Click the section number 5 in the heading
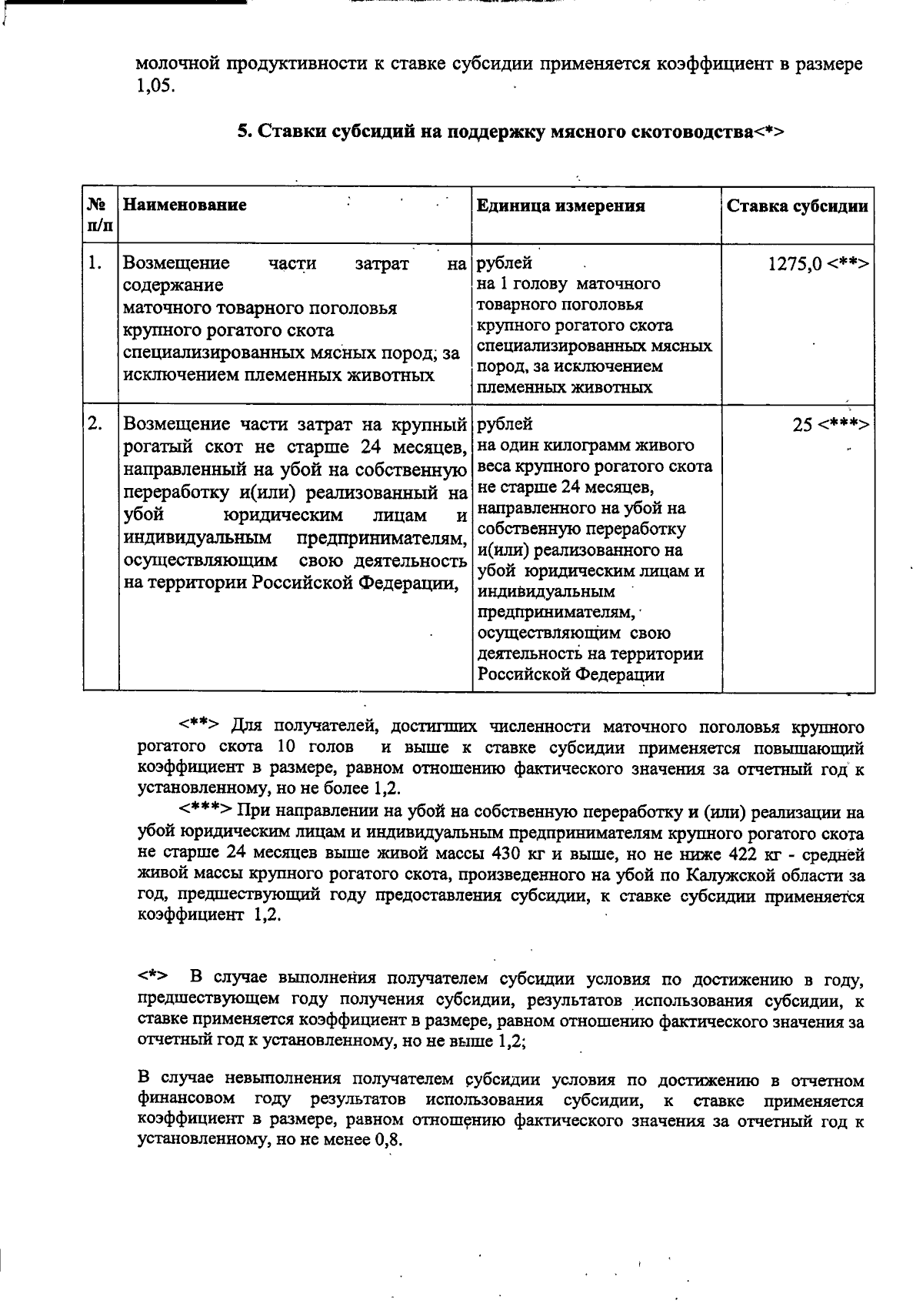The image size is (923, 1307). [242, 132]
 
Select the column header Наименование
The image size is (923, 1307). [185, 206]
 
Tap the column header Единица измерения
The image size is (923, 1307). [561, 206]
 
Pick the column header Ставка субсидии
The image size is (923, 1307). [798, 206]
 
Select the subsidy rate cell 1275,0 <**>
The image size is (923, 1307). [818, 264]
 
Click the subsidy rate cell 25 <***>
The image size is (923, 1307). [831, 424]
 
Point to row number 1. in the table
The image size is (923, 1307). [95, 263]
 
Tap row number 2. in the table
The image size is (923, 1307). [95, 423]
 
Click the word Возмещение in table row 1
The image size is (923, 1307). [177, 263]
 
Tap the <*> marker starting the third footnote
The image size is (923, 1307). [154, 978]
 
